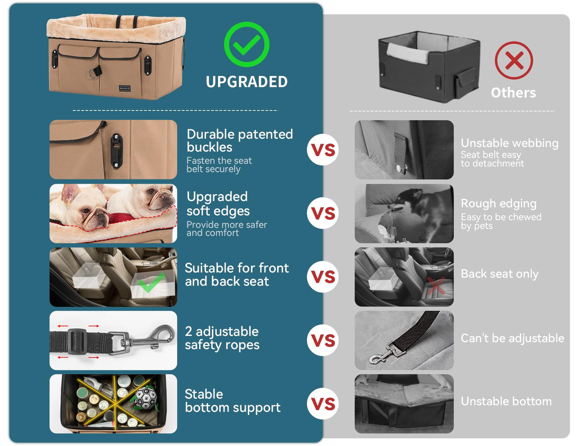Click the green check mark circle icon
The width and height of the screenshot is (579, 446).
(x=246, y=44)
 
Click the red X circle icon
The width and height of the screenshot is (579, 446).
(x=514, y=60)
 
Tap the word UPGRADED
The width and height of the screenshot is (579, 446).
(x=246, y=82)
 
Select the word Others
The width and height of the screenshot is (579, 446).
(x=513, y=93)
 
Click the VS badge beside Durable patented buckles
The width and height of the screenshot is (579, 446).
(x=323, y=150)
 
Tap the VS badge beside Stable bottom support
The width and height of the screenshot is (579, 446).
(x=323, y=404)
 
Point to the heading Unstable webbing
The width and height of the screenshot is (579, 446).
(x=509, y=143)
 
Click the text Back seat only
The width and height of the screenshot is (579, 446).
(x=499, y=274)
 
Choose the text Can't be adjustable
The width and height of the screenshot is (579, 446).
(x=512, y=338)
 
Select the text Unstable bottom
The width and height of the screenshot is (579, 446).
(x=506, y=401)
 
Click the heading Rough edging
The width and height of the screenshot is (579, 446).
(x=498, y=203)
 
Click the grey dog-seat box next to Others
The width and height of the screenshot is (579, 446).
(x=429, y=66)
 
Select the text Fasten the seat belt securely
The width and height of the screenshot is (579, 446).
(x=219, y=165)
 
